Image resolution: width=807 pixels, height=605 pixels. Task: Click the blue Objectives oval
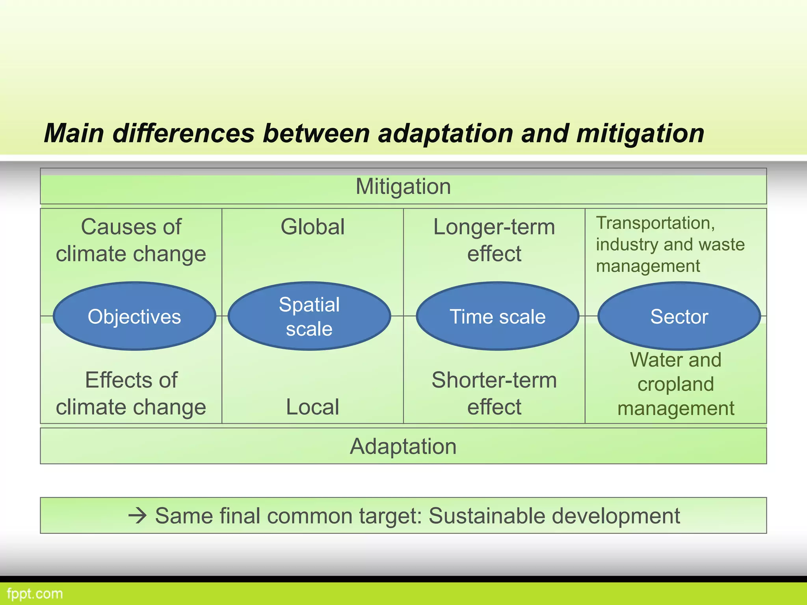point(134,316)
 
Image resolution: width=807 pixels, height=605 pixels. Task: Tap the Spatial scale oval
point(309,316)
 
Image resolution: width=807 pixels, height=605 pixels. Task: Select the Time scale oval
point(497,316)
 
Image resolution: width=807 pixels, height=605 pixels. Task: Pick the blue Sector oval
point(679,316)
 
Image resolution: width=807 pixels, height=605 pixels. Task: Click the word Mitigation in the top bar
point(403,186)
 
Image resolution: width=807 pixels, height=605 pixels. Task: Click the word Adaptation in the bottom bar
point(403,446)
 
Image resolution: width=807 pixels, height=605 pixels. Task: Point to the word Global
point(312,227)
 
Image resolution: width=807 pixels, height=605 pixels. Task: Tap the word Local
point(312,407)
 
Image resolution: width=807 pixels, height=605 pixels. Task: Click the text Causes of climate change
point(131,240)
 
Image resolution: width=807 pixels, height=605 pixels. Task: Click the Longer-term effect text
point(494,240)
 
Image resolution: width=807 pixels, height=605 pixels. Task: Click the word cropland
point(675,384)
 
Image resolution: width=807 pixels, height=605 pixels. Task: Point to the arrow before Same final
point(138,516)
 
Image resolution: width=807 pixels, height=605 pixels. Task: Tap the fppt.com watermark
point(35,594)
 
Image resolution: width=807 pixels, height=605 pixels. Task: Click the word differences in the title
point(183,133)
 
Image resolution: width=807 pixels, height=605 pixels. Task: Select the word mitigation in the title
point(640,133)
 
